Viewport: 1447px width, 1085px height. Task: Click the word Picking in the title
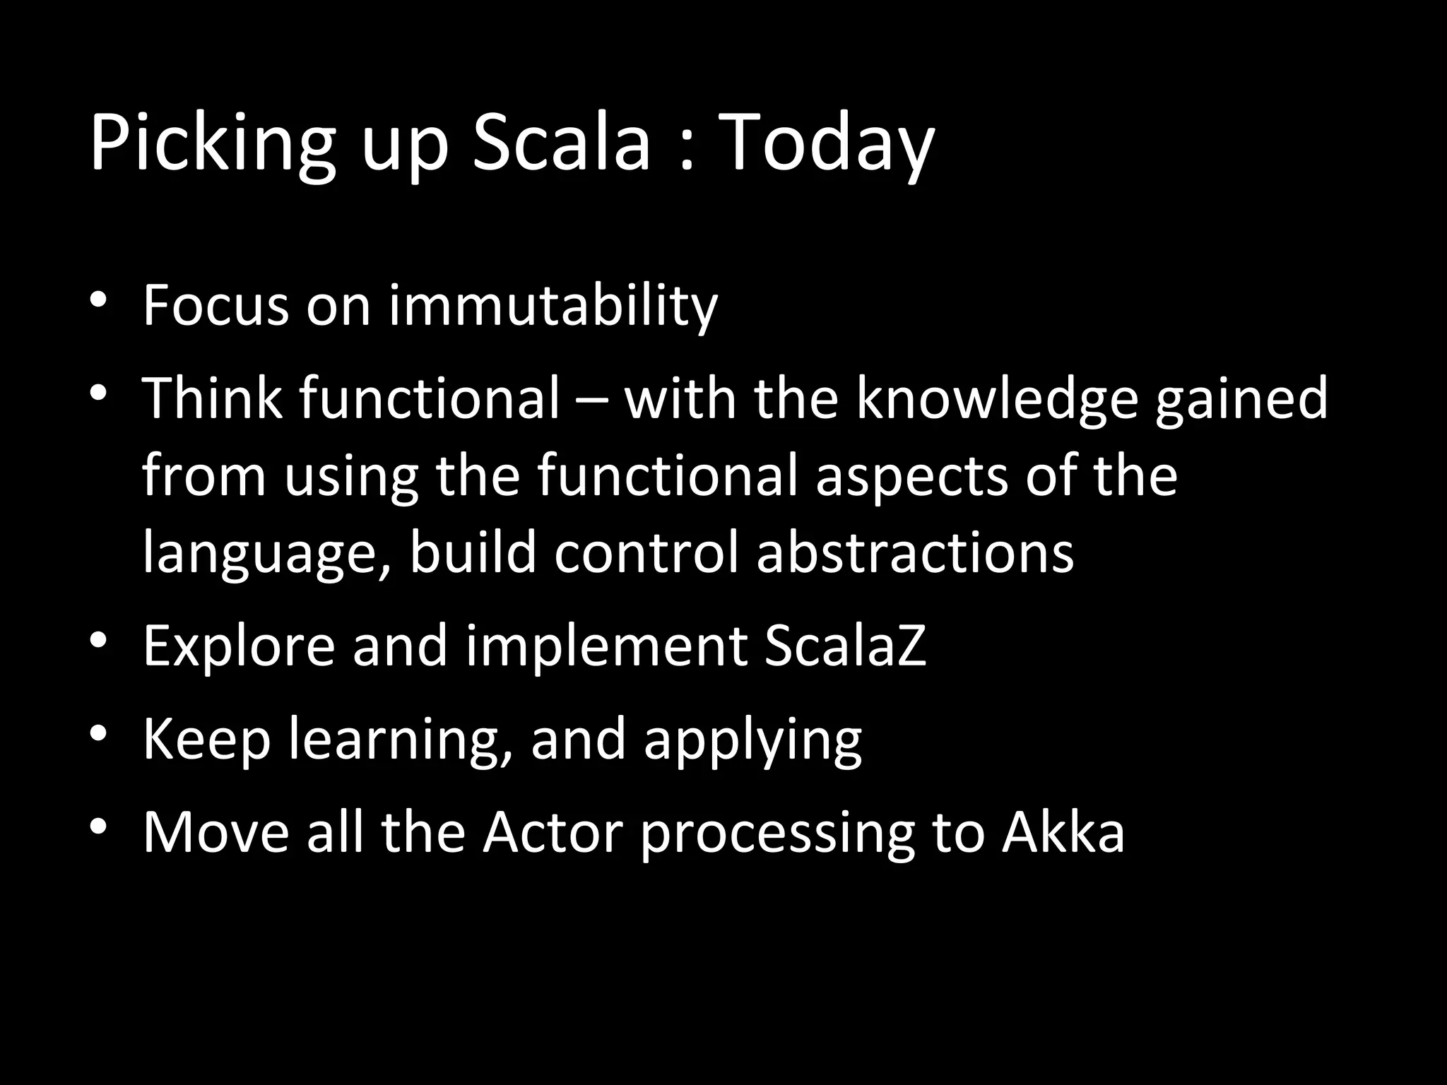(211, 145)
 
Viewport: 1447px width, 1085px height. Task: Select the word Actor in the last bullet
(552, 831)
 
